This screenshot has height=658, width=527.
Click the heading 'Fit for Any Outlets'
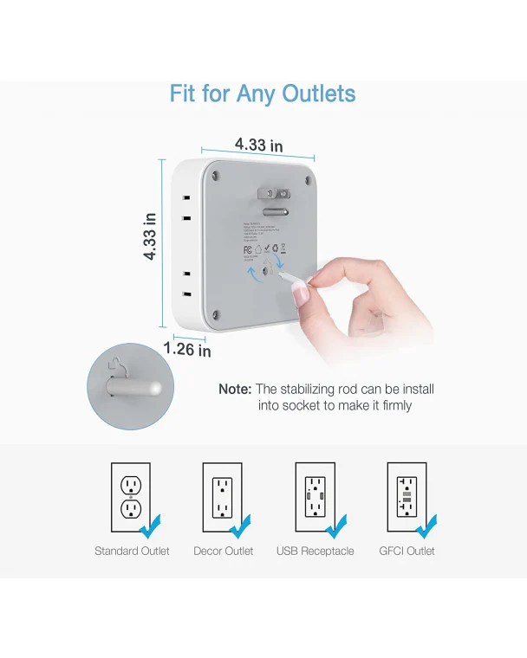coord(263,94)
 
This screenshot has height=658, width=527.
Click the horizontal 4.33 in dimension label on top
coord(258,145)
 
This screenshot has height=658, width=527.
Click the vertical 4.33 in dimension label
coord(150,237)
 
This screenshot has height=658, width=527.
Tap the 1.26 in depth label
coord(187,350)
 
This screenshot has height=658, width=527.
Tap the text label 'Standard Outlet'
coord(132,551)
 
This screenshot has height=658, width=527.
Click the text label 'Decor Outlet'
coord(224,551)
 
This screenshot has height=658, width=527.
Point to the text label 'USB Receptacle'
coord(315,551)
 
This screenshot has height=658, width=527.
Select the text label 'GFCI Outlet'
coord(407,551)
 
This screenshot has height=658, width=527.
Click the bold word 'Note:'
coord(235,390)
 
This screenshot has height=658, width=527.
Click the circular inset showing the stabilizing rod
coord(130,385)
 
